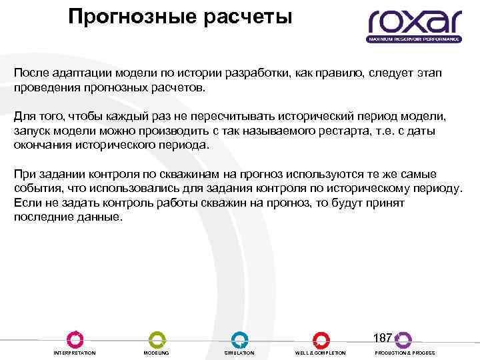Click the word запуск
coord(32,130)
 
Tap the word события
coord(35,189)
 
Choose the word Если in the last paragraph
coord(26,203)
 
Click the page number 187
coord(383,337)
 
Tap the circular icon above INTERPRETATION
coord(75,339)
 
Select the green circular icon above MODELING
coord(157,339)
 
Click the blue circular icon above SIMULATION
coord(239,339)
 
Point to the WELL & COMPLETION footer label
coord(321,353)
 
